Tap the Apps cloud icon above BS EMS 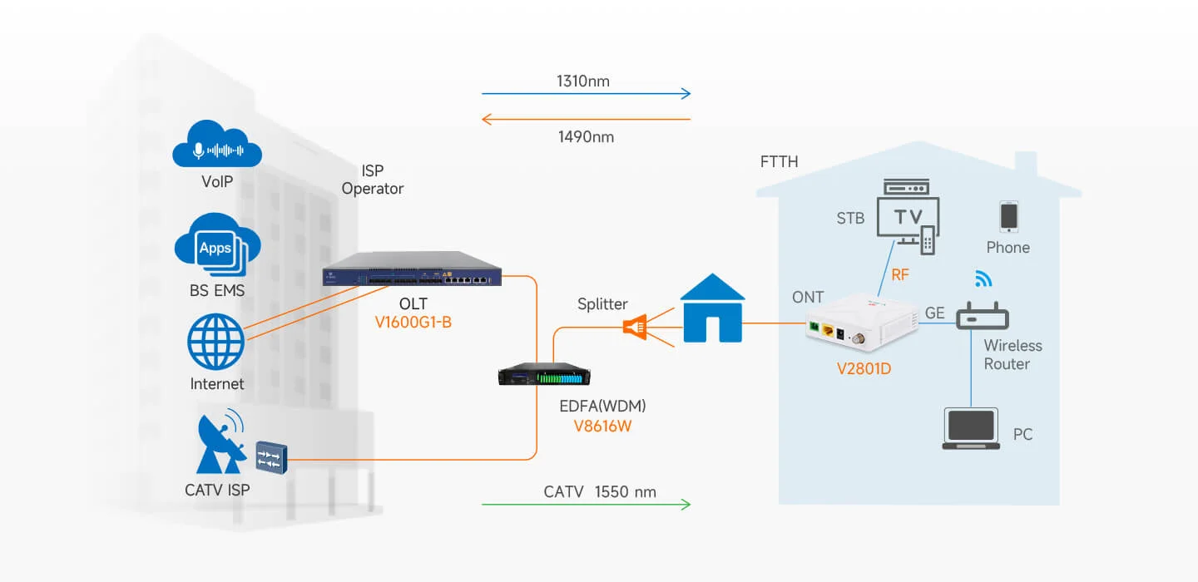tap(217, 244)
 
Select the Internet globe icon tap(216, 342)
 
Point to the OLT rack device tap(412, 269)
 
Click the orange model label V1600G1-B tap(413, 323)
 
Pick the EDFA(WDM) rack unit tap(544, 373)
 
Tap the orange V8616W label tap(602, 426)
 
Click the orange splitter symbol tap(636, 327)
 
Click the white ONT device tap(862, 322)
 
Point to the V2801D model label tap(864, 369)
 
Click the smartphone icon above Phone tap(1008, 216)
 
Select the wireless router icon tap(983, 316)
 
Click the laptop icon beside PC tap(971, 429)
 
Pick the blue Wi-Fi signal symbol tap(983, 279)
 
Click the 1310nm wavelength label tap(583, 81)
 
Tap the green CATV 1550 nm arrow tap(587, 504)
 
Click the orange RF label tap(900, 274)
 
